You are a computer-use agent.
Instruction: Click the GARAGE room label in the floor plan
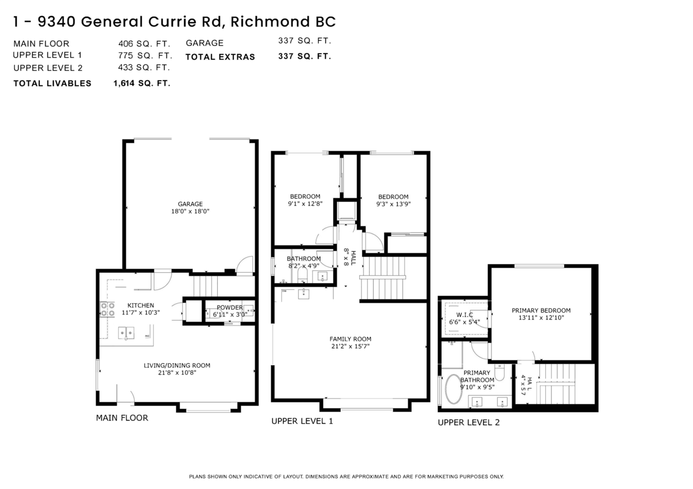190,204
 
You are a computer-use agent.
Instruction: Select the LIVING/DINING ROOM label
177,365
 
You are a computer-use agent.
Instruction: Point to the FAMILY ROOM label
350,338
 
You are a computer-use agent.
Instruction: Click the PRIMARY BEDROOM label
541,310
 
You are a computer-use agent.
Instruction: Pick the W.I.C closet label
464,314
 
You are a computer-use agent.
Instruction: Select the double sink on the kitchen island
126,333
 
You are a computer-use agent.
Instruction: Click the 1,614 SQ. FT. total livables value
141,83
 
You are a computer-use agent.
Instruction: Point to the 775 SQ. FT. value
145,55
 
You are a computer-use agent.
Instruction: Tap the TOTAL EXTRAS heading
220,57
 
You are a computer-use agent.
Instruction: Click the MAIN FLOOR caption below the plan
122,417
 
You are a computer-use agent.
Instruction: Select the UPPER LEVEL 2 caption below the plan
468,422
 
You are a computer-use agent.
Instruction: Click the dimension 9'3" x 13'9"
393,204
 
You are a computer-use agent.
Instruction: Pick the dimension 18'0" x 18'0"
190,211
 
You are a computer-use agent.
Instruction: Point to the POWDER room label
230,307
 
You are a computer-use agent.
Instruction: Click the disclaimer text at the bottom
346,476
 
